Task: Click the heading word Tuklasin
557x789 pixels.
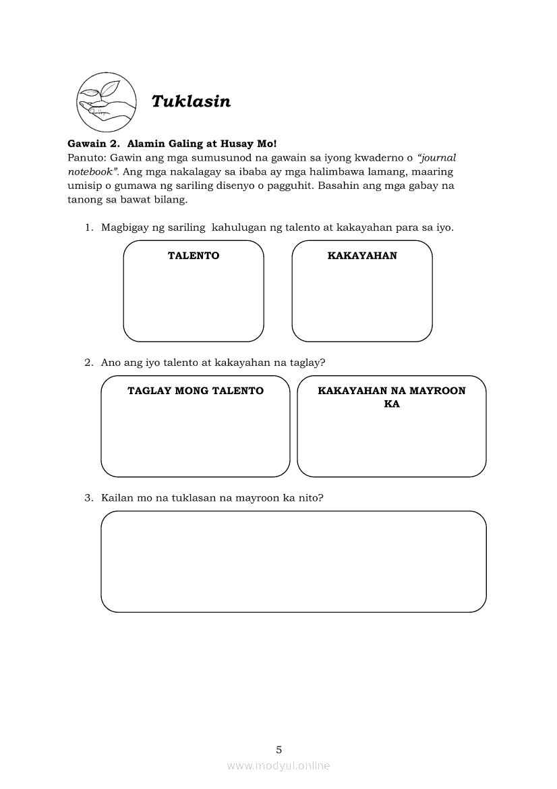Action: [191, 101]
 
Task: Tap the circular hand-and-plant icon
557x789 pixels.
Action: [105, 102]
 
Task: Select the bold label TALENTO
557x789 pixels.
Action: [194, 256]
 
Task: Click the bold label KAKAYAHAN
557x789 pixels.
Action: [362, 256]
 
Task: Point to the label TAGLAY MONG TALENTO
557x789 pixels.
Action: [196, 391]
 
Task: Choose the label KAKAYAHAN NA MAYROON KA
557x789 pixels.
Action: [392, 398]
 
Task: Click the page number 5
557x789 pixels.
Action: [279, 749]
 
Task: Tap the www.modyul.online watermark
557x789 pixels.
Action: [278, 766]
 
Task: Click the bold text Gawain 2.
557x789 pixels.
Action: [93, 144]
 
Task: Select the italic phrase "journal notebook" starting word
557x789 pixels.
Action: [438, 157]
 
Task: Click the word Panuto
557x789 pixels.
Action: [85, 157]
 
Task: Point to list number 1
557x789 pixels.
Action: [88, 227]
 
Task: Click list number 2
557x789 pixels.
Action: [88, 362]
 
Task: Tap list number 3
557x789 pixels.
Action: [88, 498]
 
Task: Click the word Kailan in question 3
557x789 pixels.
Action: [117, 498]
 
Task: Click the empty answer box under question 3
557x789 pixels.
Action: [293, 562]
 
